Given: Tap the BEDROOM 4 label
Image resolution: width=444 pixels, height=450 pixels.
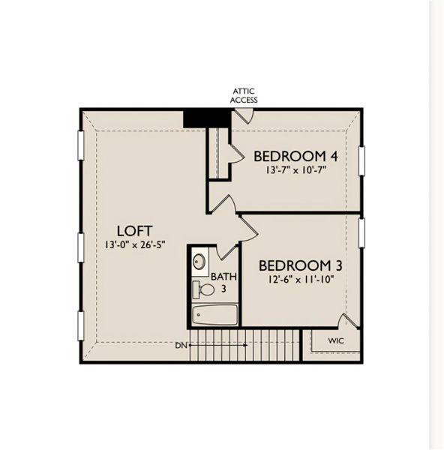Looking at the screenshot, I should coord(294,156).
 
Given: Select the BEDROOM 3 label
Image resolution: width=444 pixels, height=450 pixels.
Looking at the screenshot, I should coord(295,265).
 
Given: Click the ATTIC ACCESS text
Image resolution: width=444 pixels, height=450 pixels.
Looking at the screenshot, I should coord(244,95).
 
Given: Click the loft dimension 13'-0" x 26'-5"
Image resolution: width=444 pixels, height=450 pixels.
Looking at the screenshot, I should coord(132,245).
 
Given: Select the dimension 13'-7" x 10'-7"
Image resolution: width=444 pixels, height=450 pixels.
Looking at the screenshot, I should coord(294,170).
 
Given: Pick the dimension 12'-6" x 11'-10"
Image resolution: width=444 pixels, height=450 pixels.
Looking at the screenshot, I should coord(295,280).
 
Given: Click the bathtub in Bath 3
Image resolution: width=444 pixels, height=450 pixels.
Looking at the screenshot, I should coord(214,314).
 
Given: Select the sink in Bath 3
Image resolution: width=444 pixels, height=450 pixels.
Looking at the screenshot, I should coord(199,262).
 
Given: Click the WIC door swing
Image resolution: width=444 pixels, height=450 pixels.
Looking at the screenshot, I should coord(346,322).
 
